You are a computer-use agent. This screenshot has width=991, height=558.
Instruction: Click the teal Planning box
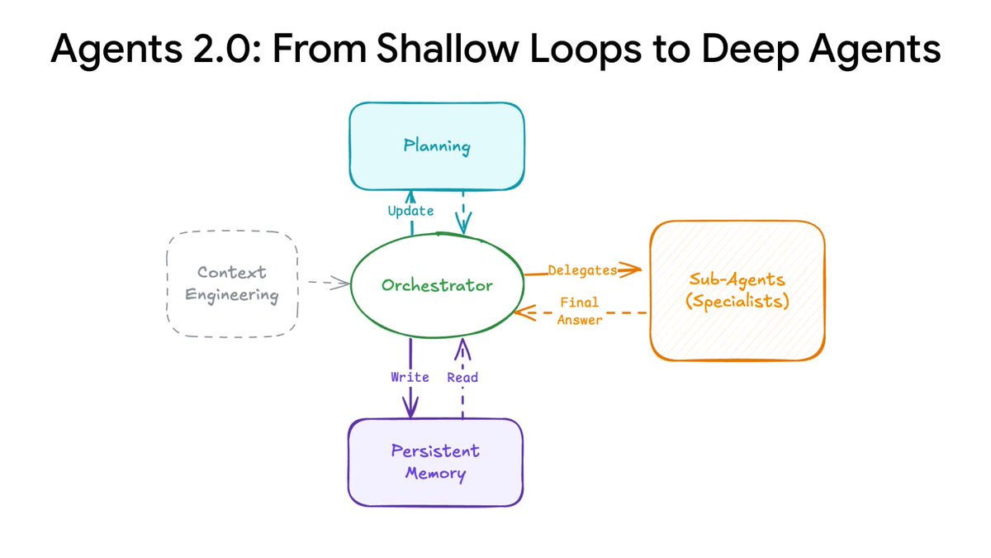(x=437, y=147)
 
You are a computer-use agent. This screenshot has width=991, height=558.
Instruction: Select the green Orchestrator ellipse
(x=437, y=285)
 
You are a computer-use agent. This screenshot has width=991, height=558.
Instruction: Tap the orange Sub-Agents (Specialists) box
(x=737, y=290)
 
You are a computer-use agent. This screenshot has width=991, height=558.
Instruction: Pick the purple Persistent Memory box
(x=435, y=462)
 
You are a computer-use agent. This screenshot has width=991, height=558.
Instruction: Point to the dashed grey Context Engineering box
(x=232, y=284)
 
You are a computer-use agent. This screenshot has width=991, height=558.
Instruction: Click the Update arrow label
(x=410, y=211)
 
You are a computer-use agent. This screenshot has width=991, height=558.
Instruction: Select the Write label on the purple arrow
(x=410, y=377)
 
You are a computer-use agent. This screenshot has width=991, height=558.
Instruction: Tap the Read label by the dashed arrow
(x=462, y=377)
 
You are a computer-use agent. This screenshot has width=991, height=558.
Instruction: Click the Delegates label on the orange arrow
(x=582, y=270)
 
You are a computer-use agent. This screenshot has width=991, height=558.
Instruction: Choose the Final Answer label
(x=580, y=312)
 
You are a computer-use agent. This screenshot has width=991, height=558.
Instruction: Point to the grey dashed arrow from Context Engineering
(x=328, y=284)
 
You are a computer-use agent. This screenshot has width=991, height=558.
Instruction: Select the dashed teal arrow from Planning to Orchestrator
(x=462, y=213)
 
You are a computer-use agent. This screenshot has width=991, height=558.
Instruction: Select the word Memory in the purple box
(x=435, y=475)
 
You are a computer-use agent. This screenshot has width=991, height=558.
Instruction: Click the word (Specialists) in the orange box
(x=737, y=302)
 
